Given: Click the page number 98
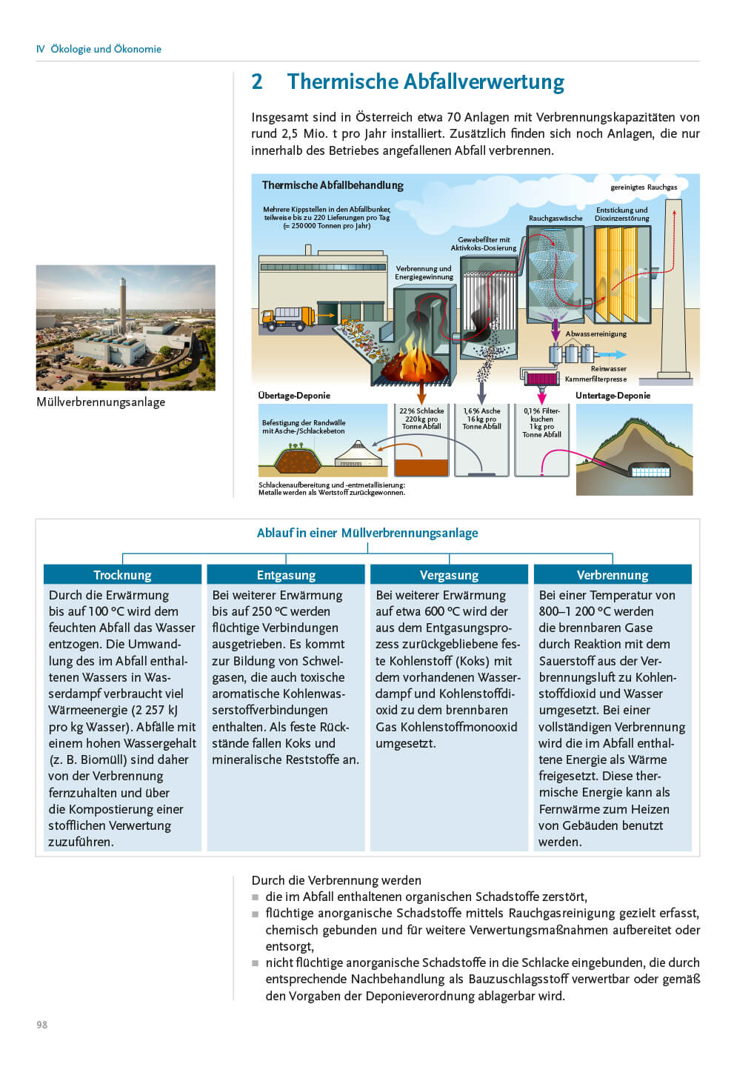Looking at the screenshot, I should tap(41, 1025).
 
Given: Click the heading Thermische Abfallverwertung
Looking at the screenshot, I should tap(425, 82).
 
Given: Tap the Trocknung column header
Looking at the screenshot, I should tap(122, 575).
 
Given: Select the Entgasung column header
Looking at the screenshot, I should tap(286, 575).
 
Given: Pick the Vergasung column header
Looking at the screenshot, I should tap(449, 575).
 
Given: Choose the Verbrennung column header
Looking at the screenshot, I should tap(613, 575).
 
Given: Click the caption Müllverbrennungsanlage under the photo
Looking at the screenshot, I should tap(101, 402).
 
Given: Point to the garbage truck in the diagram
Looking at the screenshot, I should tap(288, 318).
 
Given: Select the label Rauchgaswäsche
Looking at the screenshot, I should tap(556, 219).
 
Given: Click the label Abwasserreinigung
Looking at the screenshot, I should tap(595, 334).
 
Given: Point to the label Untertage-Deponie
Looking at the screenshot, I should tap(613, 396).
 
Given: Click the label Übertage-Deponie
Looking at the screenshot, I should tap(294, 396).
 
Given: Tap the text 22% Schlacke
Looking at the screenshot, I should tap(421, 411).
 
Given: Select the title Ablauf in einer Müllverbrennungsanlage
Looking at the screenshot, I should tap(367, 533).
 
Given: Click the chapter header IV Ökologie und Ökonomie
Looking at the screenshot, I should tap(99, 49).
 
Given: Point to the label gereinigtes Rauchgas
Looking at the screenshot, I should tap(644, 187).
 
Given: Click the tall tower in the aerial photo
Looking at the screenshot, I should tap(123, 304).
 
